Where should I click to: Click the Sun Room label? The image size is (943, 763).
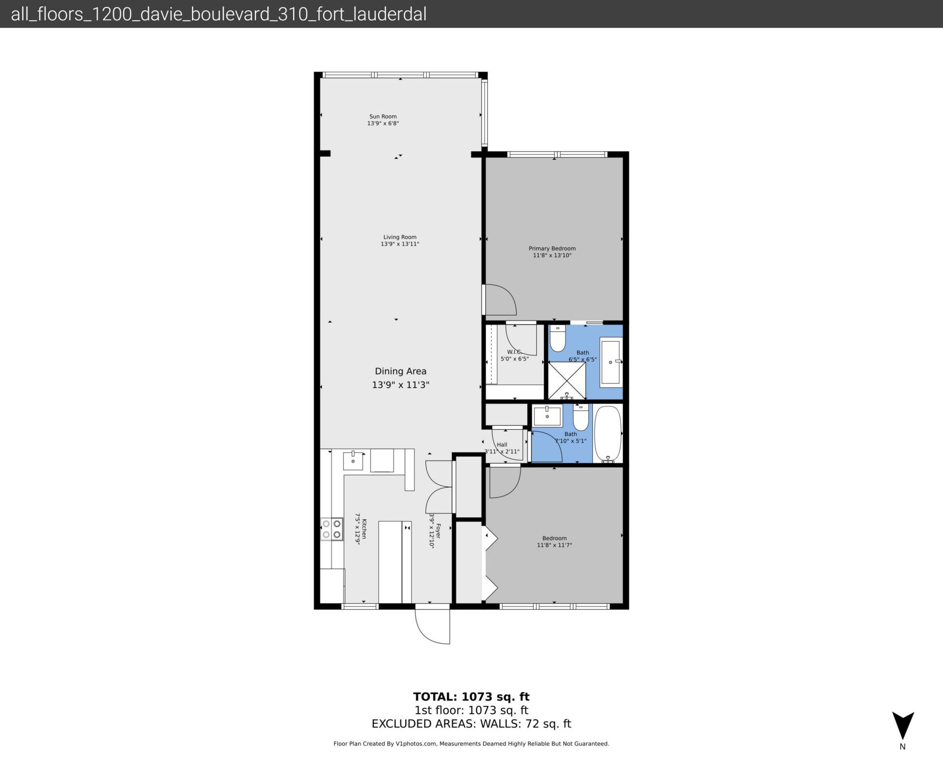pyautogui.click(x=383, y=117)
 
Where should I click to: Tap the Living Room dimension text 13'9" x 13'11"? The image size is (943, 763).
pyautogui.click(x=400, y=244)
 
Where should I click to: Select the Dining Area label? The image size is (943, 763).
pyautogui.click(x=400, y=371)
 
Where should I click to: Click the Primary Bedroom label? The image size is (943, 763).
pyautogui.click(x=552, y=248)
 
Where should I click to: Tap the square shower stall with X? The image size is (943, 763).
pyautogui.click(x=566, y=380)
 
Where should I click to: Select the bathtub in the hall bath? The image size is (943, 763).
pyautogui.click(x=608, y=433)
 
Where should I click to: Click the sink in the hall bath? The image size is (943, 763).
pyautogui.click(x=548, y=416)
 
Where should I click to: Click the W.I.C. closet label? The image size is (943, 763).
pyautogui.click(x=514, y=352)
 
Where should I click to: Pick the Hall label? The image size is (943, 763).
pyautogui.click(x=501, y=444)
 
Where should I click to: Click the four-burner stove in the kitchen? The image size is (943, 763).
pyautogui.click(x=332, y=529)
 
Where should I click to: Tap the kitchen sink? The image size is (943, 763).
pyautogui.click(x=353, y=460)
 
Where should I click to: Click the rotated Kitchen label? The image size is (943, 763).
pyautogui.click(x=363, y=529)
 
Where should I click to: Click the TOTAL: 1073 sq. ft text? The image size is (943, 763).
pyautogui.click(x=471, y=697)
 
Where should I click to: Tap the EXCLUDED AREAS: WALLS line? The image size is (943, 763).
pyautogui.click(x=471, y=724)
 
